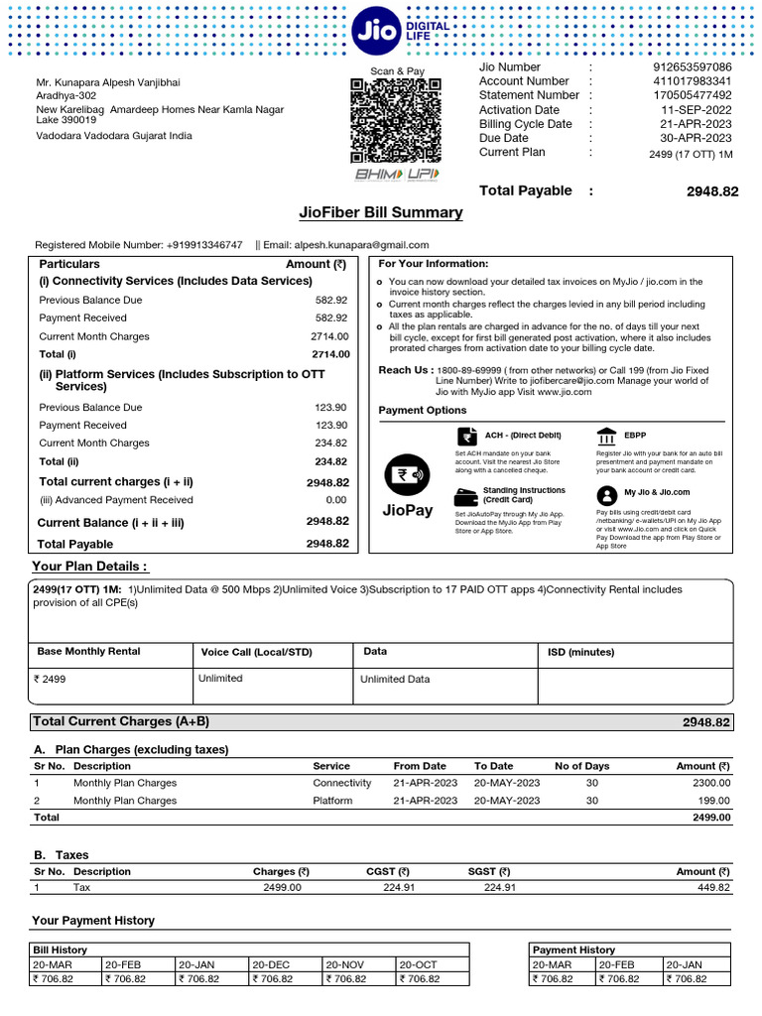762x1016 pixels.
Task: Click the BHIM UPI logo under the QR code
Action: tap(396, 175)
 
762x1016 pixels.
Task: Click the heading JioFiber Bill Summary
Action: tap(380, 212)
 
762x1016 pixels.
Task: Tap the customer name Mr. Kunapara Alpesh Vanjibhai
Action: tap(108, 82)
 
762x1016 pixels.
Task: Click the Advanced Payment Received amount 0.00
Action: tap(336, 500)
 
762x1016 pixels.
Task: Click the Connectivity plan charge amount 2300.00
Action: tap(710, 783)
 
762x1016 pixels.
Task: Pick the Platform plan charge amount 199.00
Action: tap(713, 801)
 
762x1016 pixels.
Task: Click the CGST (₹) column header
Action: tap(389, 872)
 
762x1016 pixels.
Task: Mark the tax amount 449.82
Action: tap(711, 888)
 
